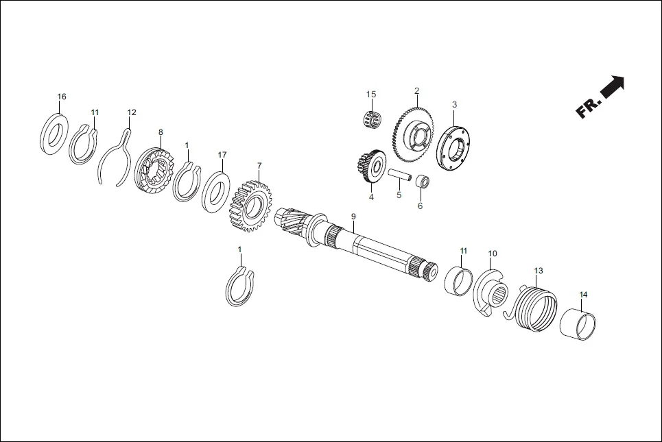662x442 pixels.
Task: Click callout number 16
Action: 62,97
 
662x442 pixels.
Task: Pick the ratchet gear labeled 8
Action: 155,171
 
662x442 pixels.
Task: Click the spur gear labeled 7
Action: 252,206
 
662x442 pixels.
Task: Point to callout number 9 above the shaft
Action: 353,217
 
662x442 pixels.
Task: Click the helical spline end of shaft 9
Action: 292,223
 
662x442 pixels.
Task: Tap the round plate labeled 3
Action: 454,149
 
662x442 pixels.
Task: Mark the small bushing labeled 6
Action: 423,182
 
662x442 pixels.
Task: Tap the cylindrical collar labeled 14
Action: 578,325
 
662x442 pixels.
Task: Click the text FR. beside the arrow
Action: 588,108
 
